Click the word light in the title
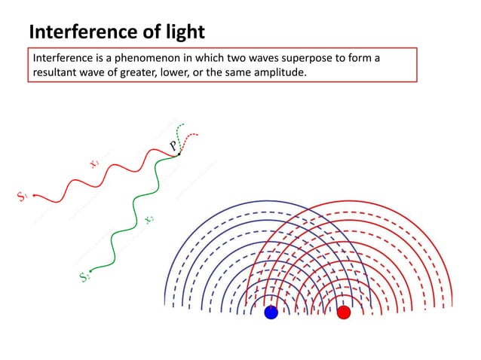[182, 32]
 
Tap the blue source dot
[271, 312]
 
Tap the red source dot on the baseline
[344, 312]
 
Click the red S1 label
[23, 197]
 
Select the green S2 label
[84, 277]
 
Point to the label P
[173, 145]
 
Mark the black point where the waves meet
[179, 154]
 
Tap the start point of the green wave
[90, 270]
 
